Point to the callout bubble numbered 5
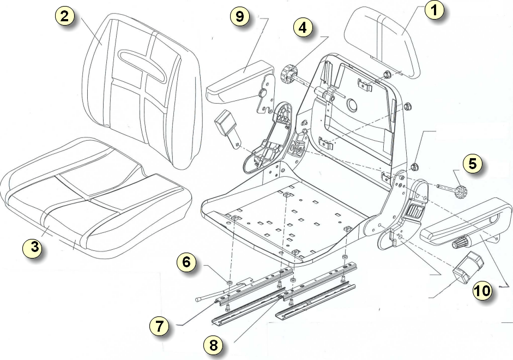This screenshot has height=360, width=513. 473,164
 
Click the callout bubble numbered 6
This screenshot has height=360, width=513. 186,263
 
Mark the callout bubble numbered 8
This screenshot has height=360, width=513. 213,345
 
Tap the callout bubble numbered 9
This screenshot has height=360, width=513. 239,16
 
